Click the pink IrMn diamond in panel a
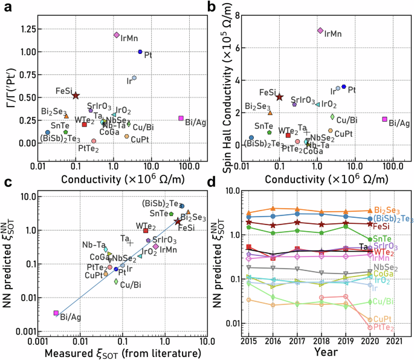[117, 35]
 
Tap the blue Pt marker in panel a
[140, 52]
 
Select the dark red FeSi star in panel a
[76, 96]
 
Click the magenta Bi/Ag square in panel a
[181, 119]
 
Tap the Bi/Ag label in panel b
[399, 123]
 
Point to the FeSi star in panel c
[178, 222]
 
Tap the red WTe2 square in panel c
[146, 231]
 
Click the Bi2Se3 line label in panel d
[387, 209]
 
